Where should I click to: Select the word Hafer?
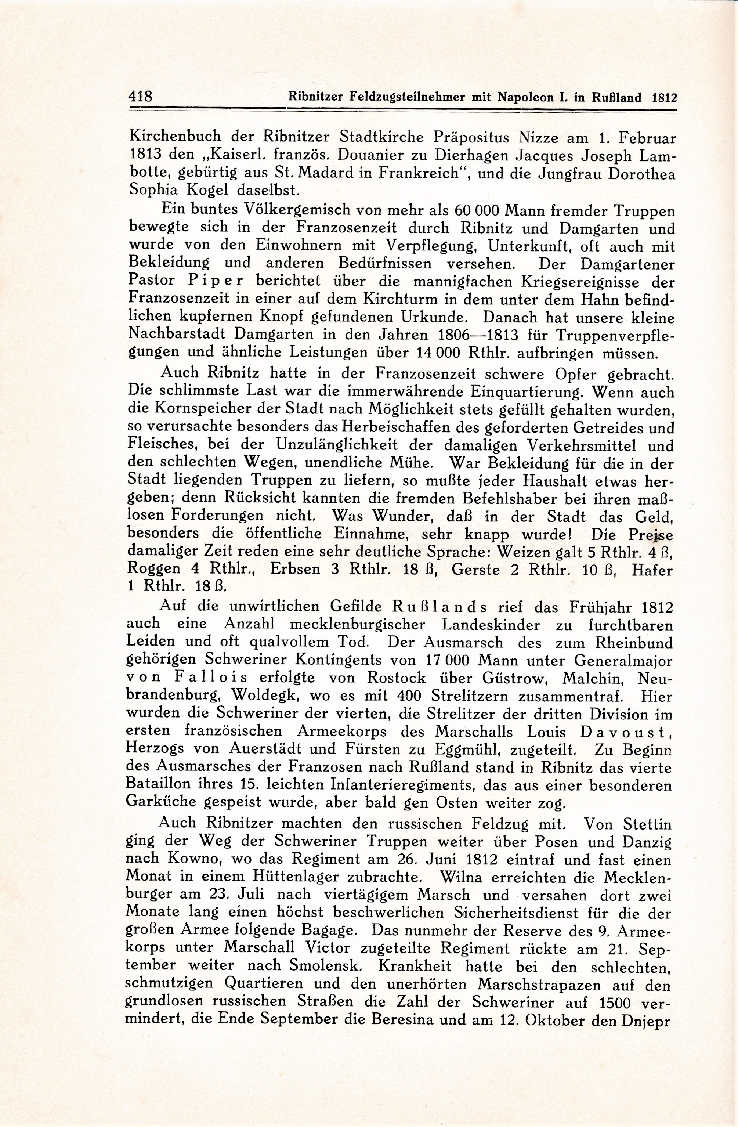651,570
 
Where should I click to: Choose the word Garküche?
166,804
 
